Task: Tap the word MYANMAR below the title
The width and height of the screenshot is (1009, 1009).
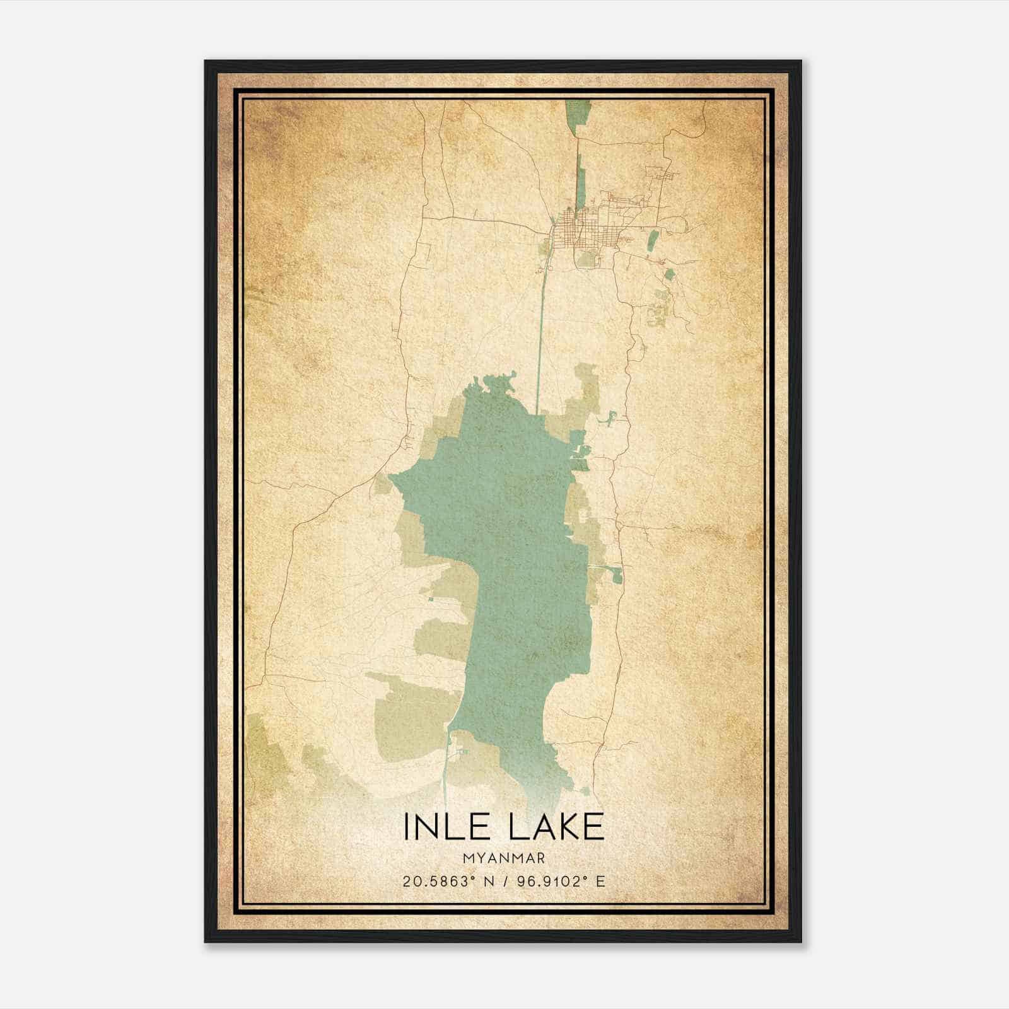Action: [504, 858]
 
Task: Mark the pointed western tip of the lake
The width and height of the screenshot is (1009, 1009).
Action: [392, 477]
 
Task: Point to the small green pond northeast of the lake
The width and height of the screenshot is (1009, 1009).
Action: [610, 418]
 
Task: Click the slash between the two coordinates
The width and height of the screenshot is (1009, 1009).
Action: [504, 882]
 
